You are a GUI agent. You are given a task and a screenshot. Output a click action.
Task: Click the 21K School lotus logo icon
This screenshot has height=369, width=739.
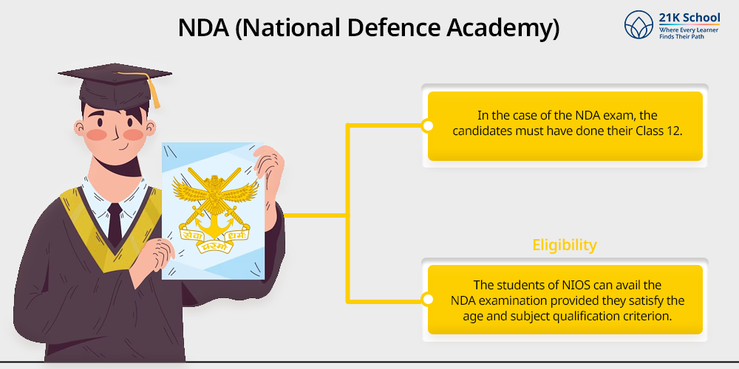tap(638, 24)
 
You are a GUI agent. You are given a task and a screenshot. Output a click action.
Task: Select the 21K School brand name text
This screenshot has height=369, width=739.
tap(689, 18)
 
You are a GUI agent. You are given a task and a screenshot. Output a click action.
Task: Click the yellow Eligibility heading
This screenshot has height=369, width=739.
tap(565, 245)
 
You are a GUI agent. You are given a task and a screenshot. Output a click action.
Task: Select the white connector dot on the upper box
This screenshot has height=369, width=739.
tap(428, 125)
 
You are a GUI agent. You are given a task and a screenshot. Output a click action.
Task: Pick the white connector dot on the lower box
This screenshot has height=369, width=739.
tap(428, 300)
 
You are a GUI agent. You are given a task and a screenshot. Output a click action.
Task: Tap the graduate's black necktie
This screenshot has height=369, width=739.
tap(115, 224)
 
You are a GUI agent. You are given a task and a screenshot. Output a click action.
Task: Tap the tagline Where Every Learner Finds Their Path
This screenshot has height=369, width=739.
tap(689, 33)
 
